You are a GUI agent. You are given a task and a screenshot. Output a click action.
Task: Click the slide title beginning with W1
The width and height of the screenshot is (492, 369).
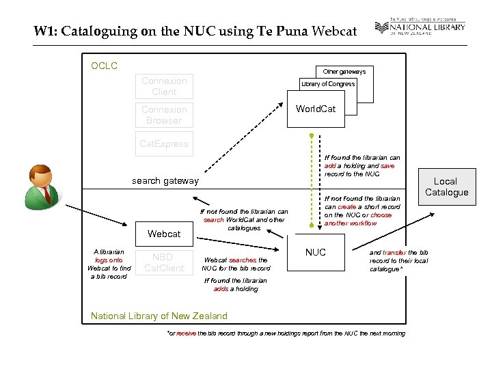(x=195, y=31)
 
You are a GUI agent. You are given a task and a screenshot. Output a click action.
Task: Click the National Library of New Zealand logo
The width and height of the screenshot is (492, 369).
(x=420, y=28)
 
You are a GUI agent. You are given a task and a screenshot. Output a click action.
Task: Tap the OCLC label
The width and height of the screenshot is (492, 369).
(x=104, y=66)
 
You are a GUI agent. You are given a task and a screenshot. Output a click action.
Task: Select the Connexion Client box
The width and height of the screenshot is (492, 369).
(x=164, y=86)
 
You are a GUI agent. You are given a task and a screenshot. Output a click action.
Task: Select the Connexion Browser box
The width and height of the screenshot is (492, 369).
(x=164, y=115)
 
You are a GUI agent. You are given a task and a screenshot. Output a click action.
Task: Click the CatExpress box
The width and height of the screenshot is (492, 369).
(x=164, y=144)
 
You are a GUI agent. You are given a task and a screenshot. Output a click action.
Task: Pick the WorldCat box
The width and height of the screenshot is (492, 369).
(x=315, y=109)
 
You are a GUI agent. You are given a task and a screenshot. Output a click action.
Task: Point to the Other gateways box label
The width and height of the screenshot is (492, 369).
(x=344, y=71)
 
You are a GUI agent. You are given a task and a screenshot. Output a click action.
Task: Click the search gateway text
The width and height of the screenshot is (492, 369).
(x=165, y=180)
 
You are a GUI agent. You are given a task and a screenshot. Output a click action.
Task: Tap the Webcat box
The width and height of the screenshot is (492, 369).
(x=164, y=234)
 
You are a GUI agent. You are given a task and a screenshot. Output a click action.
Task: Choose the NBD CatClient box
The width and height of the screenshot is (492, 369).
(x=164, y=262)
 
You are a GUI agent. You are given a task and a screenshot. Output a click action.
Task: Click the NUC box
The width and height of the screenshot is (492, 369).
(x=315, y=252)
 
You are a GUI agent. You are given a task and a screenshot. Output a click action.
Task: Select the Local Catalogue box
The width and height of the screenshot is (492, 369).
(x=446, y=187)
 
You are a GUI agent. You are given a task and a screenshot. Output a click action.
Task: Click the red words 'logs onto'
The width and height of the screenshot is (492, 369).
(x=109, y=260)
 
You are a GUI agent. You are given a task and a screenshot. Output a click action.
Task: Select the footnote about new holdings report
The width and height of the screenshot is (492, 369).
(x=286, y=333)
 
